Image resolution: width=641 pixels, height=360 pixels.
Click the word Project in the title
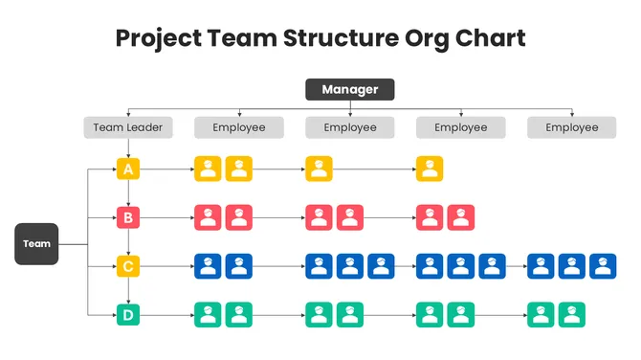[157, 38]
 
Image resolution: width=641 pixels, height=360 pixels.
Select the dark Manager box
[349, 90]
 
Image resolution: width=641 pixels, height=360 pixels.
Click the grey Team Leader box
[128, 127]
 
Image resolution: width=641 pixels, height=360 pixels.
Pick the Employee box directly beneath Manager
[349, 127]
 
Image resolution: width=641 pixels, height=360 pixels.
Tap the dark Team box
[37, 244]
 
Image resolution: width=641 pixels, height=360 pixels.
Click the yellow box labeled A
[128, 169]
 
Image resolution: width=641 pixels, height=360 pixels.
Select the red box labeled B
[128, 217]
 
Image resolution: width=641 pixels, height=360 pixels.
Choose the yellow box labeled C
[128, 265]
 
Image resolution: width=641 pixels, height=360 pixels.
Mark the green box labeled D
[128, 313]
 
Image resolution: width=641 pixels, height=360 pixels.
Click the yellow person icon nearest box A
[208, 169]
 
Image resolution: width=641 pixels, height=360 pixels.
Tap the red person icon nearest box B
[208, 217]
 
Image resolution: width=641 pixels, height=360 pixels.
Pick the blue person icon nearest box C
[208, 265]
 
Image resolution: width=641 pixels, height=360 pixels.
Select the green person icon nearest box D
[208, 313]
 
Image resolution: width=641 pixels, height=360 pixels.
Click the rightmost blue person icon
[603, 265]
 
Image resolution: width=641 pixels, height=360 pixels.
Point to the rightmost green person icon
[572, 313]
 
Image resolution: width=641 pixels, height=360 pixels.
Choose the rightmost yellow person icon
[430, 169]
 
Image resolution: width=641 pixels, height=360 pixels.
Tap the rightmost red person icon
[460, 217]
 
